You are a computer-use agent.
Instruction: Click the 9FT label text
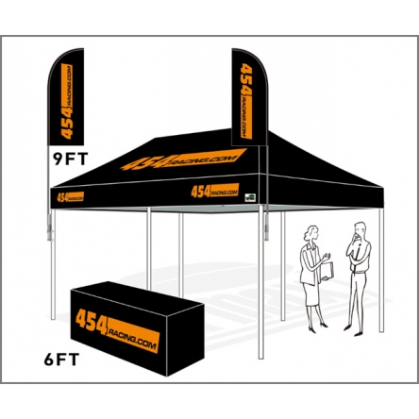pyautogui.click(x=71, y=159)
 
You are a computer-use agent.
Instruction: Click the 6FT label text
pyautogui.click(x=61, y=360)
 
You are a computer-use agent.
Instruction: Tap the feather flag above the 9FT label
pyautogui.click(x=66, y=97)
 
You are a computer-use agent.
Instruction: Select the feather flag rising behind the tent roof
pyautogui.click(x=249, y=97)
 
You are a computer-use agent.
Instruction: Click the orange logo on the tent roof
pyautogui.click(x=183, y=159)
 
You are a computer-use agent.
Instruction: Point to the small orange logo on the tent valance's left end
pyautogui.click(x=71, y=196)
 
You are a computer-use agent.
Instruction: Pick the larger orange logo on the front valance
pyautogui.click(x=215, y=191)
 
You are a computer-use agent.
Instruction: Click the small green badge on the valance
pyautogui.click(x=250, y=197)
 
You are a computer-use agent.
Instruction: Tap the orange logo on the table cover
pyautogui.click(x=118, y=330)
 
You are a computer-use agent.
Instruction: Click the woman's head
pyautogui.click(x=311, y=233)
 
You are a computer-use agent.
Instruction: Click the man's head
pyautogui.click(x=360, y=231)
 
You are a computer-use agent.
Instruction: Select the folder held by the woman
pyautogui.click(x=327, y=271)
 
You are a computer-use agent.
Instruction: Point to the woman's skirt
pyautogui.click(x=310, y=293)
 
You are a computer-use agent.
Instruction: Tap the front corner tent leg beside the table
pyautogui.click(x=260, y=282)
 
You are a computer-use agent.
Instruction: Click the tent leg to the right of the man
pyautogui.click(x=381, y=270)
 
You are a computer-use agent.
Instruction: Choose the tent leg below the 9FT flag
pyautogui.click(x=53, y=264)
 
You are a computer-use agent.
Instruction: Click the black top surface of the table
pyautogui.click(x=137, y=293)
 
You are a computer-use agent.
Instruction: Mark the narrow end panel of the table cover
pyautogui.click(x=185, y=340)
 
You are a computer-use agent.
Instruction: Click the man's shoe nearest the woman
pyautogui.click(x=347, y=327)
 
